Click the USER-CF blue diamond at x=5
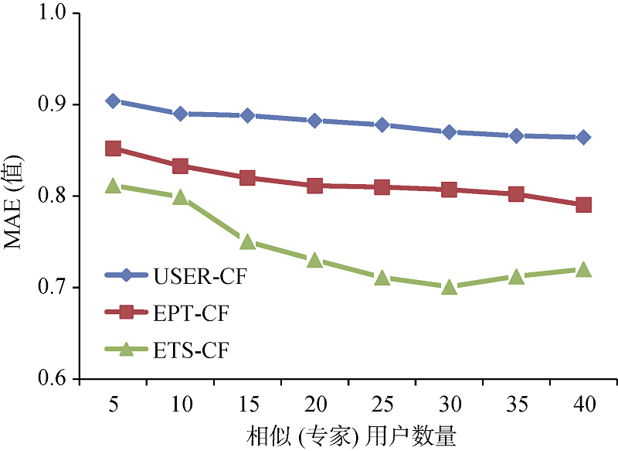(x=113, y=101)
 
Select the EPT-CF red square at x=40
(x=583, y=205)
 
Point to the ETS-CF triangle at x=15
(x=248, y=242)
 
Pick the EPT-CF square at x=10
(x=180, y=166)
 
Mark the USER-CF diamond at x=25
(x=382, y=125)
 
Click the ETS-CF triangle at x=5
(x=113, y=186)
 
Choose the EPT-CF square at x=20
(x=314, y=186)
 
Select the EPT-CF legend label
(x=192, y=313)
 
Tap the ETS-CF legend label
(x=192, y=350)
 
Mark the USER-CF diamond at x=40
(x=583, y=138)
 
